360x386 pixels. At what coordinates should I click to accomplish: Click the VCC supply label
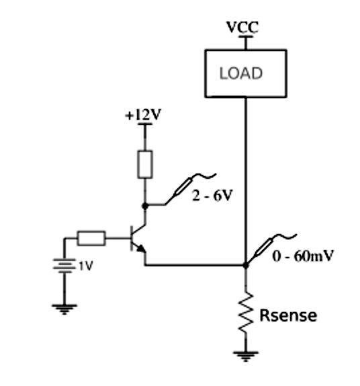point(242,27)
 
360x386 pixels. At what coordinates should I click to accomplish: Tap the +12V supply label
point(143,114)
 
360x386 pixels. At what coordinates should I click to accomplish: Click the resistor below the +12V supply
point(145,164)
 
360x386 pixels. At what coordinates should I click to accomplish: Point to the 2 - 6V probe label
point(212,196)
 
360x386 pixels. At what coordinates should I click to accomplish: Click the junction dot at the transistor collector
point(145,206)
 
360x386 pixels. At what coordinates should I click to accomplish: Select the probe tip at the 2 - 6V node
point(166,204)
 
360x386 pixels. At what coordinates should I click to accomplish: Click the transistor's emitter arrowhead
point(142,249)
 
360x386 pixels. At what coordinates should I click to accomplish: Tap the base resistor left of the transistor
point(91,238)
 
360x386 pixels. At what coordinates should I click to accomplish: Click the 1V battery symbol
point(64,266)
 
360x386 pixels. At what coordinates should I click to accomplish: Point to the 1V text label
point(86,266)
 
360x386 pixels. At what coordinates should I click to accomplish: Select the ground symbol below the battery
point(64,309)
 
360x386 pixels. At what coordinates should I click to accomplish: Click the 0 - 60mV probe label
point(303,256)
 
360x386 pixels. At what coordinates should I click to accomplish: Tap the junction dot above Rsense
point(245,265)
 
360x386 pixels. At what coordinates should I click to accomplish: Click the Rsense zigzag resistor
point(245,313)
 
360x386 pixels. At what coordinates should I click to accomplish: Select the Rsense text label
point(288,315)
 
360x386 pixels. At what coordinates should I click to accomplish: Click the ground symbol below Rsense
point(246,356)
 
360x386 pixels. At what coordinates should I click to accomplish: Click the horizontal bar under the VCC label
point(246,37)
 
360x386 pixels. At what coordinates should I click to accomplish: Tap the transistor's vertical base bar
point(132,238)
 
